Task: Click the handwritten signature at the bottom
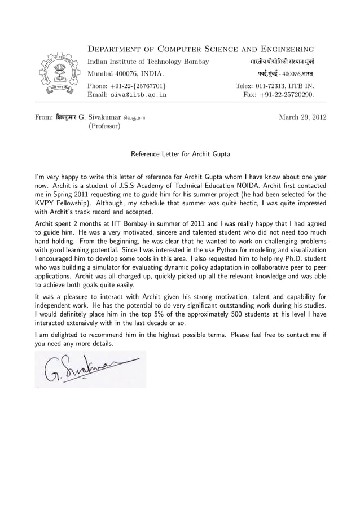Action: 87,369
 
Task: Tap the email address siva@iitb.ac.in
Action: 138,96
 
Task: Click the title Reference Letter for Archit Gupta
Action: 180,153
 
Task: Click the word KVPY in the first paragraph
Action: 45,203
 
